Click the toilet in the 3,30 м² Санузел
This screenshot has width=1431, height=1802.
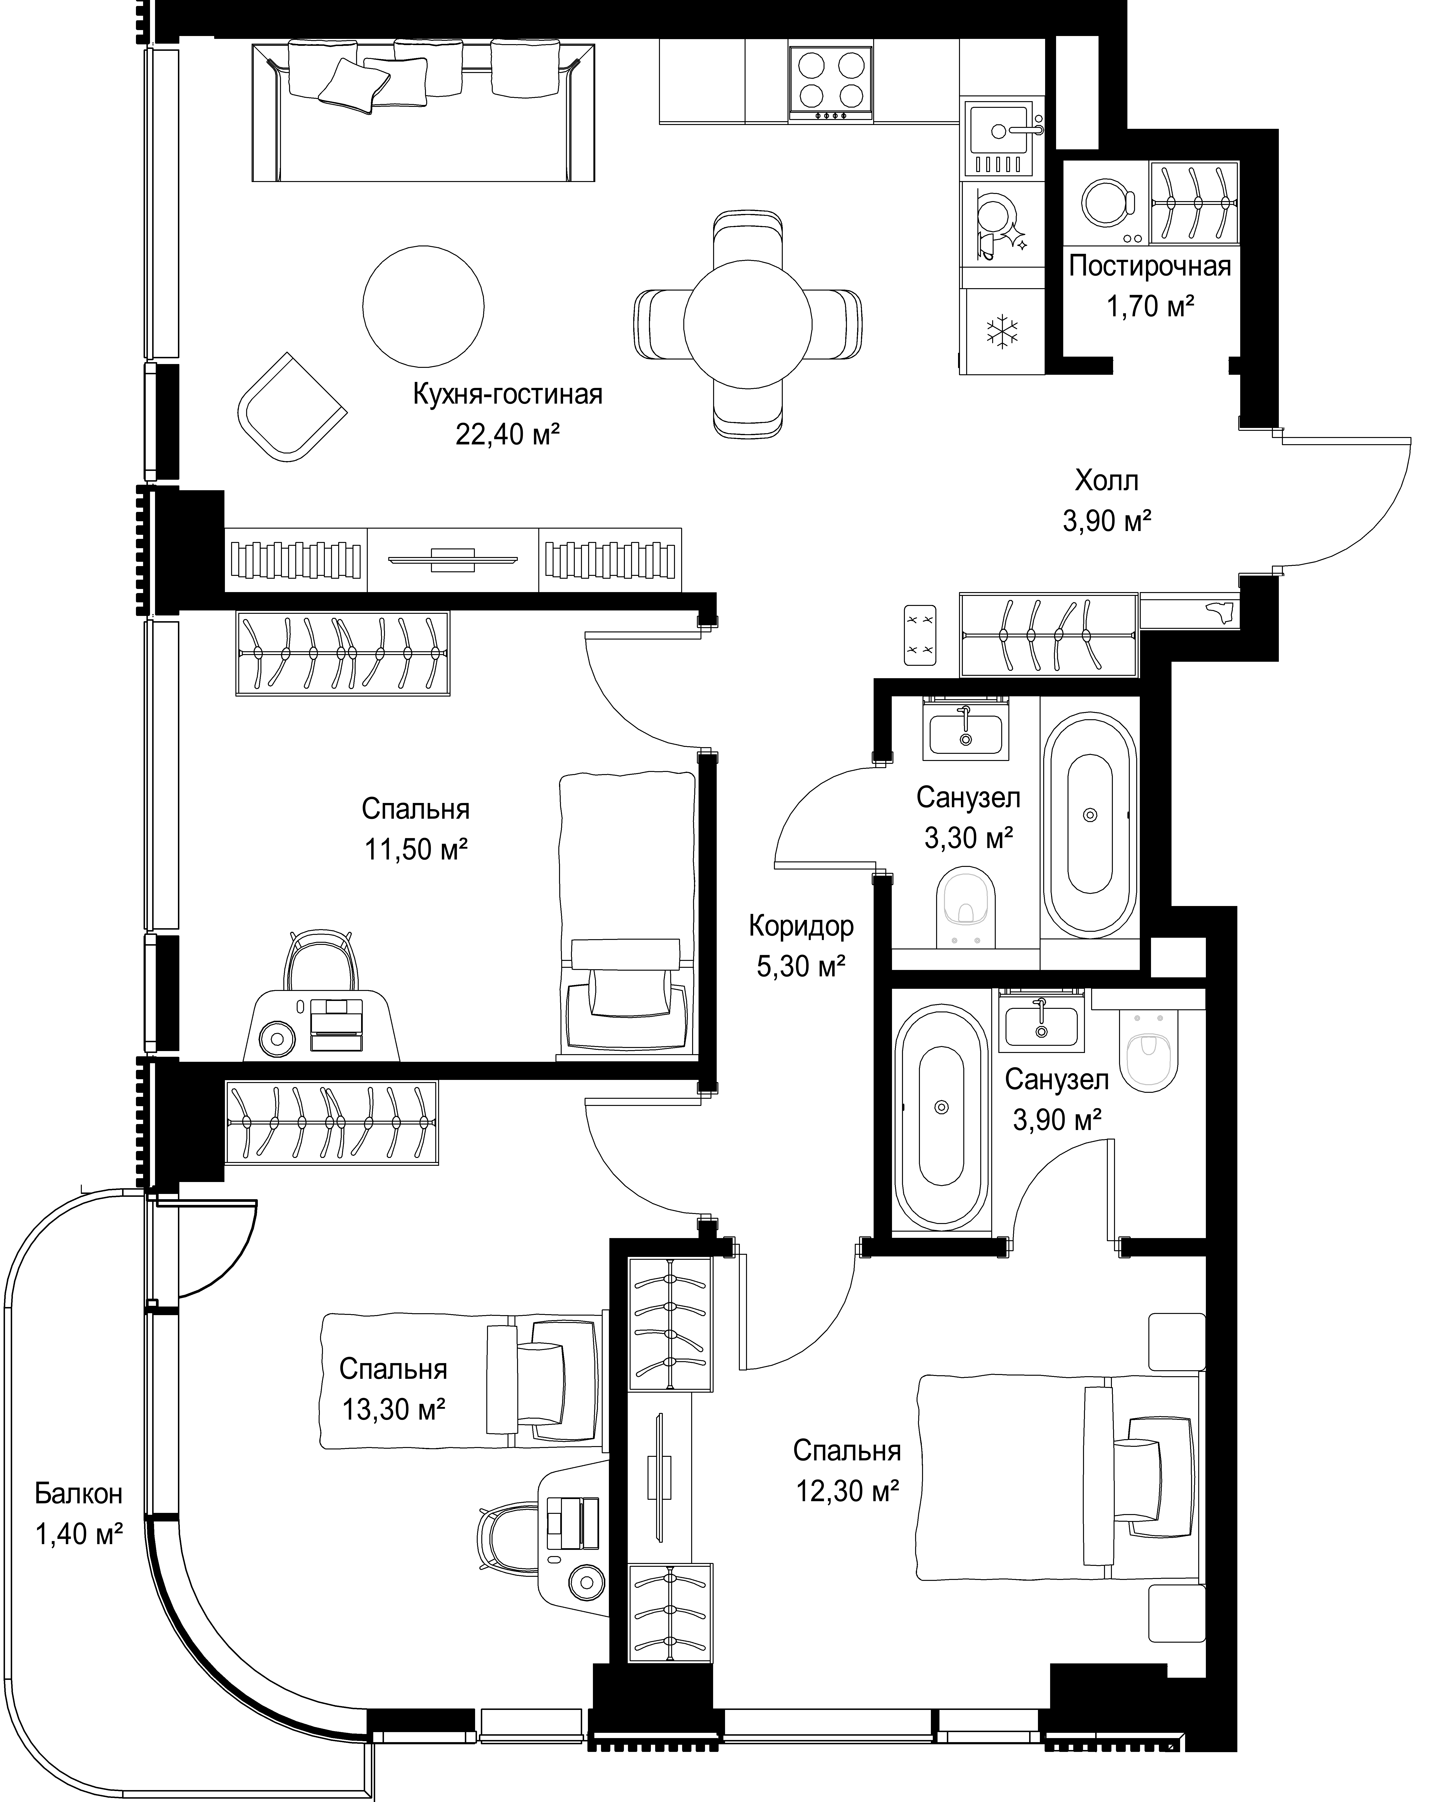click(968, 908)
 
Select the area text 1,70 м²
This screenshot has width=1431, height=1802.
click(1150, 307)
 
